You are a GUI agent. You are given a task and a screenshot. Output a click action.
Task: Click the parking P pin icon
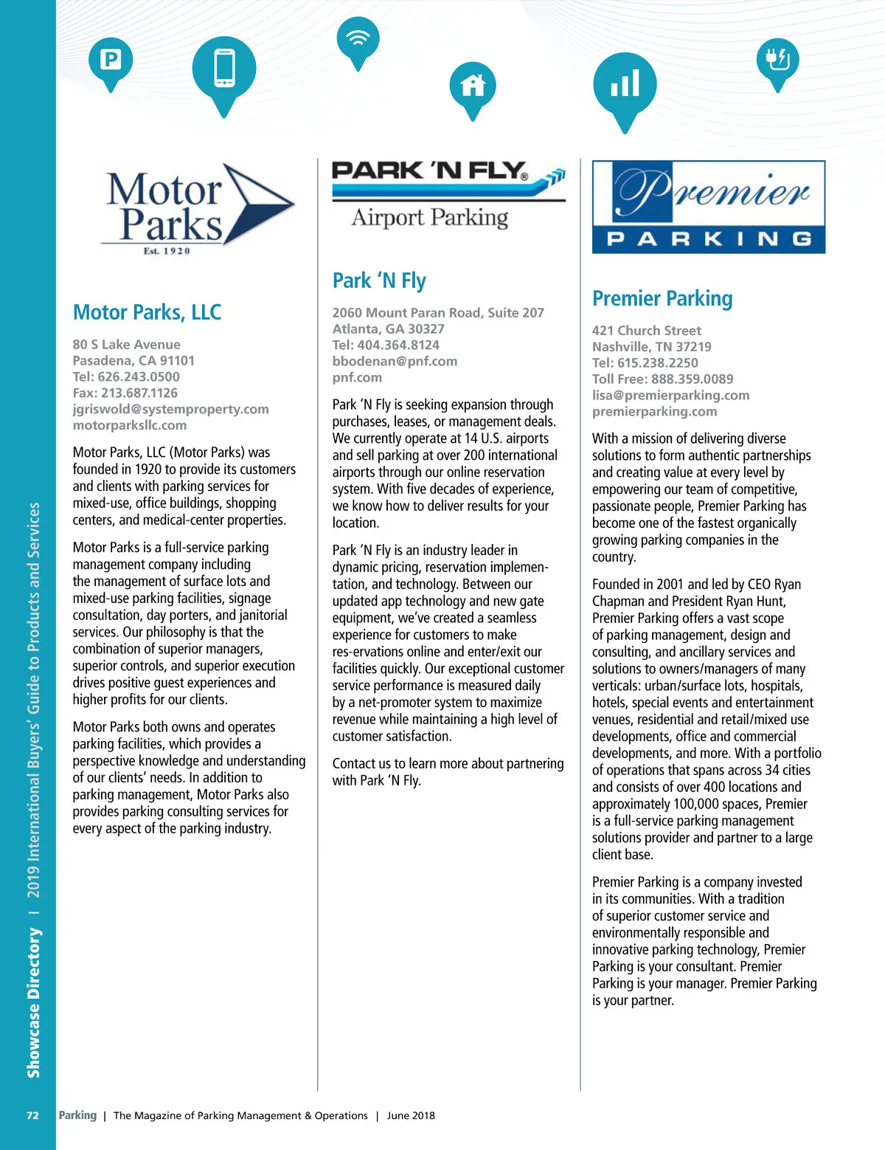[x=111, y=60]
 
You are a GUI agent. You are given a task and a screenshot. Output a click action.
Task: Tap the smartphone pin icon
[x=224, y=69]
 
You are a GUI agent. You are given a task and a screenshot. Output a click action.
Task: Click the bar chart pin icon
[x=625, y=84]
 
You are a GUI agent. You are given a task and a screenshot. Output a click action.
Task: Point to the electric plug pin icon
[x=777, y=59]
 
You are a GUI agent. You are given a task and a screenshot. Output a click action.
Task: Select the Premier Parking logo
[x=708, y=207]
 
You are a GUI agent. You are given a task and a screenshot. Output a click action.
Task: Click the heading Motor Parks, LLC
[x=147, y=312]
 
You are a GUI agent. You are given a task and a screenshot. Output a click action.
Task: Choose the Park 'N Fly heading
[x=379, y=280]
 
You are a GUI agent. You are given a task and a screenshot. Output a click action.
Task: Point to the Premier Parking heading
[x=662, y=298]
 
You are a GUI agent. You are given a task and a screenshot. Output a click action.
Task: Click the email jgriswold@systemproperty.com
[x=170, y=409]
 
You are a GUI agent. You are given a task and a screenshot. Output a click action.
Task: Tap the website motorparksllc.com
[x=130, y=425]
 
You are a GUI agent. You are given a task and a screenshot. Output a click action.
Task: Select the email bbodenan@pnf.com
[x=395, y=361]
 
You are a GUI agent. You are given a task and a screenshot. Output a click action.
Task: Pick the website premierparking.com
[x=654, y=411]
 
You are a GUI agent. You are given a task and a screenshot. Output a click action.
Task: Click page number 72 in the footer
[x=32, y=1115]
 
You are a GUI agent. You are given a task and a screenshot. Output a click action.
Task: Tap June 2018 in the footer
[x=411, y=1115]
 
